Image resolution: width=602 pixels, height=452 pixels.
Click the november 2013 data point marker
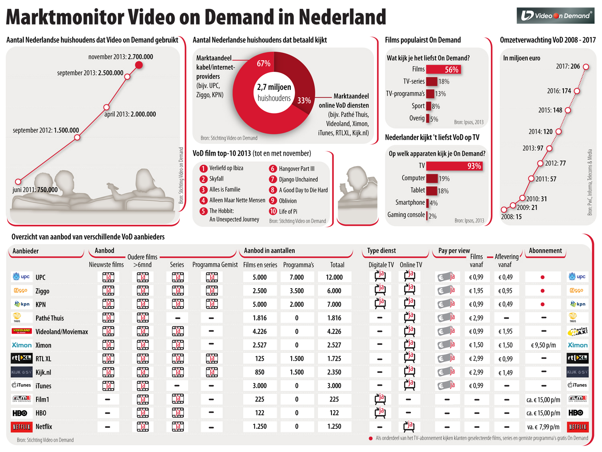tap(139, 65)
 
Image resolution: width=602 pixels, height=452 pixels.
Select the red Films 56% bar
tap(443, 69)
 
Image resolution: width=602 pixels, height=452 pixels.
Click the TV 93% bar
tap(454, 166)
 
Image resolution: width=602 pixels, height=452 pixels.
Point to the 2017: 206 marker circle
tap(586, 67)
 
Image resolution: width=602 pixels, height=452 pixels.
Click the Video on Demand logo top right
tap(555, 16)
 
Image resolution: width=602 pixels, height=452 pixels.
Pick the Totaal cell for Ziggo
tap(334, 291)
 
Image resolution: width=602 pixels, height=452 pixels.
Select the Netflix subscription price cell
tap(543, 427)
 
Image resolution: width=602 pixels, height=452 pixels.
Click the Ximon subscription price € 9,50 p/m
tap(543, 345)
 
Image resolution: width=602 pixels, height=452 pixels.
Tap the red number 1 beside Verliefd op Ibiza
tap(203, 169)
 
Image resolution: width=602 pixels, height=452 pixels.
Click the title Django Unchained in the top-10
tap(298, 179)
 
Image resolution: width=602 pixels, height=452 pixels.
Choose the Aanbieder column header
tap(26, 251)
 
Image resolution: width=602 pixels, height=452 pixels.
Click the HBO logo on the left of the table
tap(20, 413)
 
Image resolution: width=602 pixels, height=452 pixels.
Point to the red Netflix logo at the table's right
tap(578, 427)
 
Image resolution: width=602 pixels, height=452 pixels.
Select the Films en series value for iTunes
tap(260, 386)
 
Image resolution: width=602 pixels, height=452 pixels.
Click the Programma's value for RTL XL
tap(297, 359)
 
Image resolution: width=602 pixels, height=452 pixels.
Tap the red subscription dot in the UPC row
tap(543, 277)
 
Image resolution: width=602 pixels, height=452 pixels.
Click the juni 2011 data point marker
tap(18, 181)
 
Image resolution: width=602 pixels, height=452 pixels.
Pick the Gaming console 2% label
tap(412, 215)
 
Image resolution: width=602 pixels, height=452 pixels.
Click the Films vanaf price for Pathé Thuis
tap(476, 318)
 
